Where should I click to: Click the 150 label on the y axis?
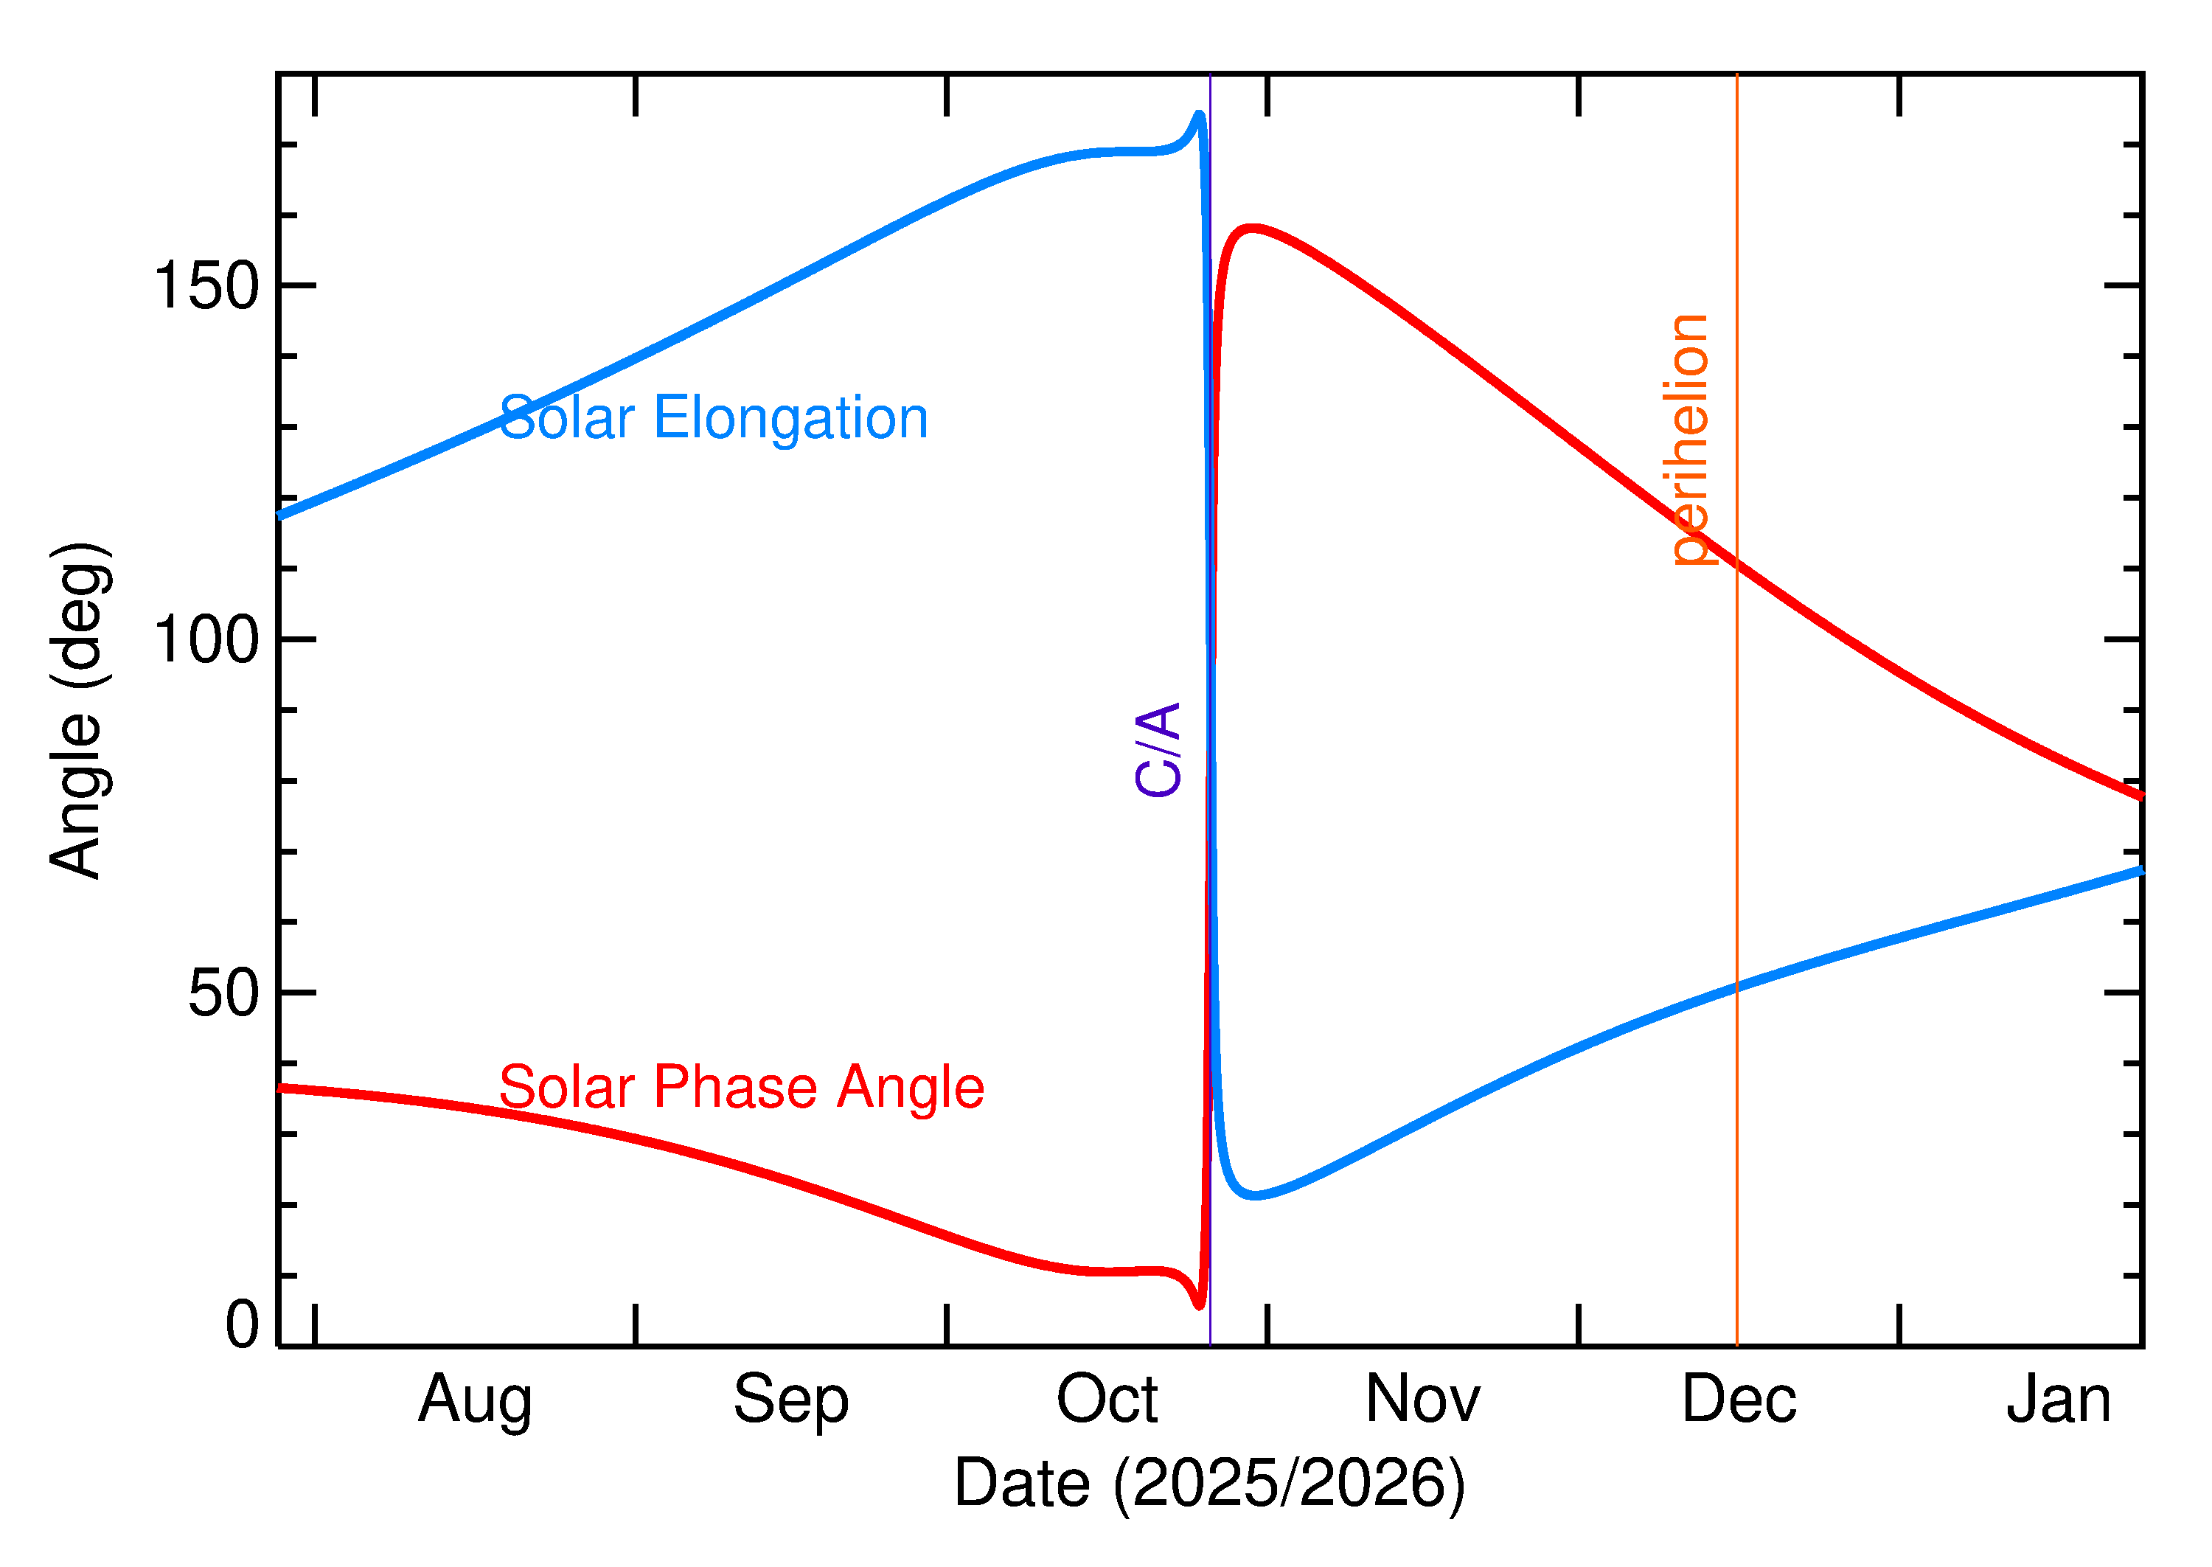[x=206, y=287]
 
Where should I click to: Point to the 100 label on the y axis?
[x=206, y=640]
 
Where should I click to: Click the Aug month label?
[x=475, y=1401]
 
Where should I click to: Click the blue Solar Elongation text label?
[x=713, y=418]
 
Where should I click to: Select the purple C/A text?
[x=1158, y=750]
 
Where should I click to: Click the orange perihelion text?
[x=1689, y=439]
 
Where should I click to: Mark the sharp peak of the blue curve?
[x=1199, y=115]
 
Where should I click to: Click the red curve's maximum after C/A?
[x=1251, y=229]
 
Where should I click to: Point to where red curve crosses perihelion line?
[x=1736, y=563]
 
